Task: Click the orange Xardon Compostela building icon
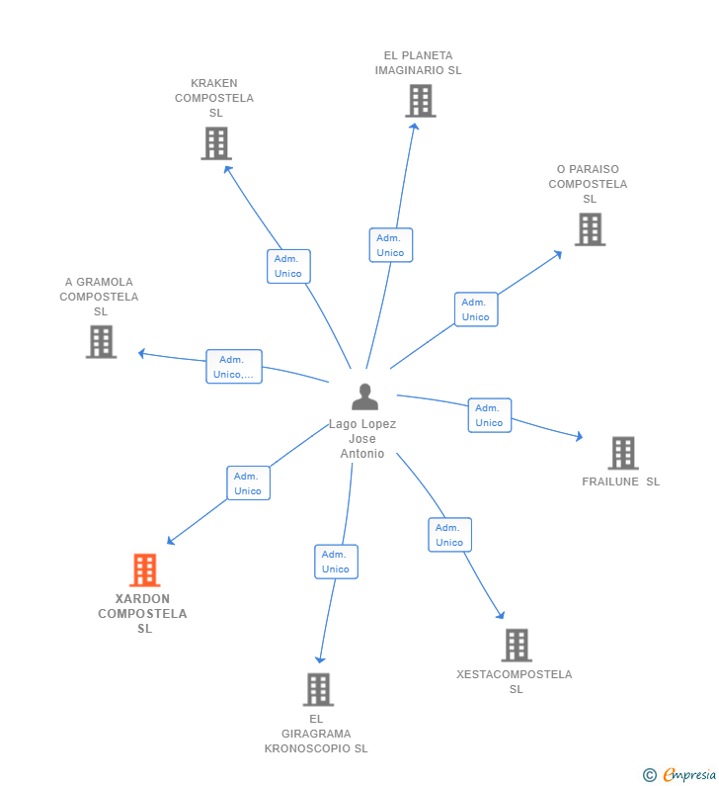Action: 144,570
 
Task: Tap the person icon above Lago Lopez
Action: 364,396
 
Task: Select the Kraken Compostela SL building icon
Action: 215,143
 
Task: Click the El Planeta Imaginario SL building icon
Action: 420,101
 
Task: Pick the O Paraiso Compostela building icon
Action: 590,229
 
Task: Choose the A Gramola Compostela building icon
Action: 101,342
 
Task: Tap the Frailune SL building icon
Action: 622,453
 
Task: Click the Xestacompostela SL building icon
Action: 516,646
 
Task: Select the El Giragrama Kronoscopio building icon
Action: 317,689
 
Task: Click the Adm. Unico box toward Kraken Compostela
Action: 288,266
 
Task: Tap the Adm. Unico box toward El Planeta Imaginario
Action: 390,245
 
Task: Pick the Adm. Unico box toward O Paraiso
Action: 475,309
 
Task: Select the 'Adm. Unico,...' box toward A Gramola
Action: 233,367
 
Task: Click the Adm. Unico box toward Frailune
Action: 489,415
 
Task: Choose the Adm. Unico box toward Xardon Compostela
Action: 248,483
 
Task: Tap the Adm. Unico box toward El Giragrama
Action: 336,562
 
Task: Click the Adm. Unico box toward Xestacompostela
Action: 449,535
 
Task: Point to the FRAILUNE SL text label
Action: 620,481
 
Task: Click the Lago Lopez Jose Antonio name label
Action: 362,439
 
